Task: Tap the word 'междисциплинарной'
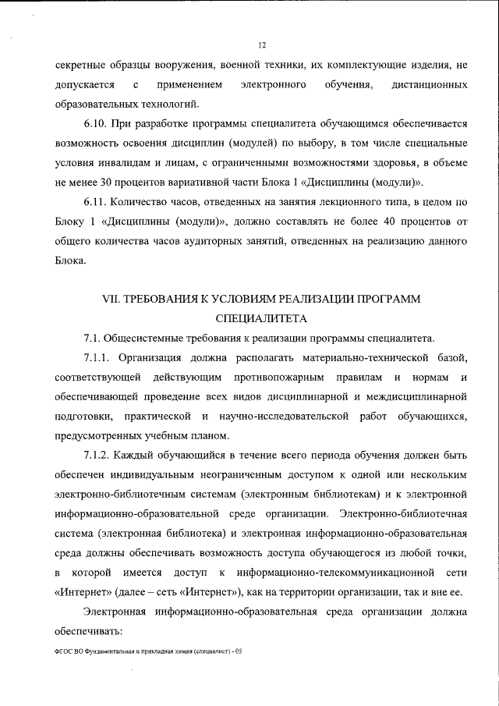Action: pyautogui.click(x=416, y=396)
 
